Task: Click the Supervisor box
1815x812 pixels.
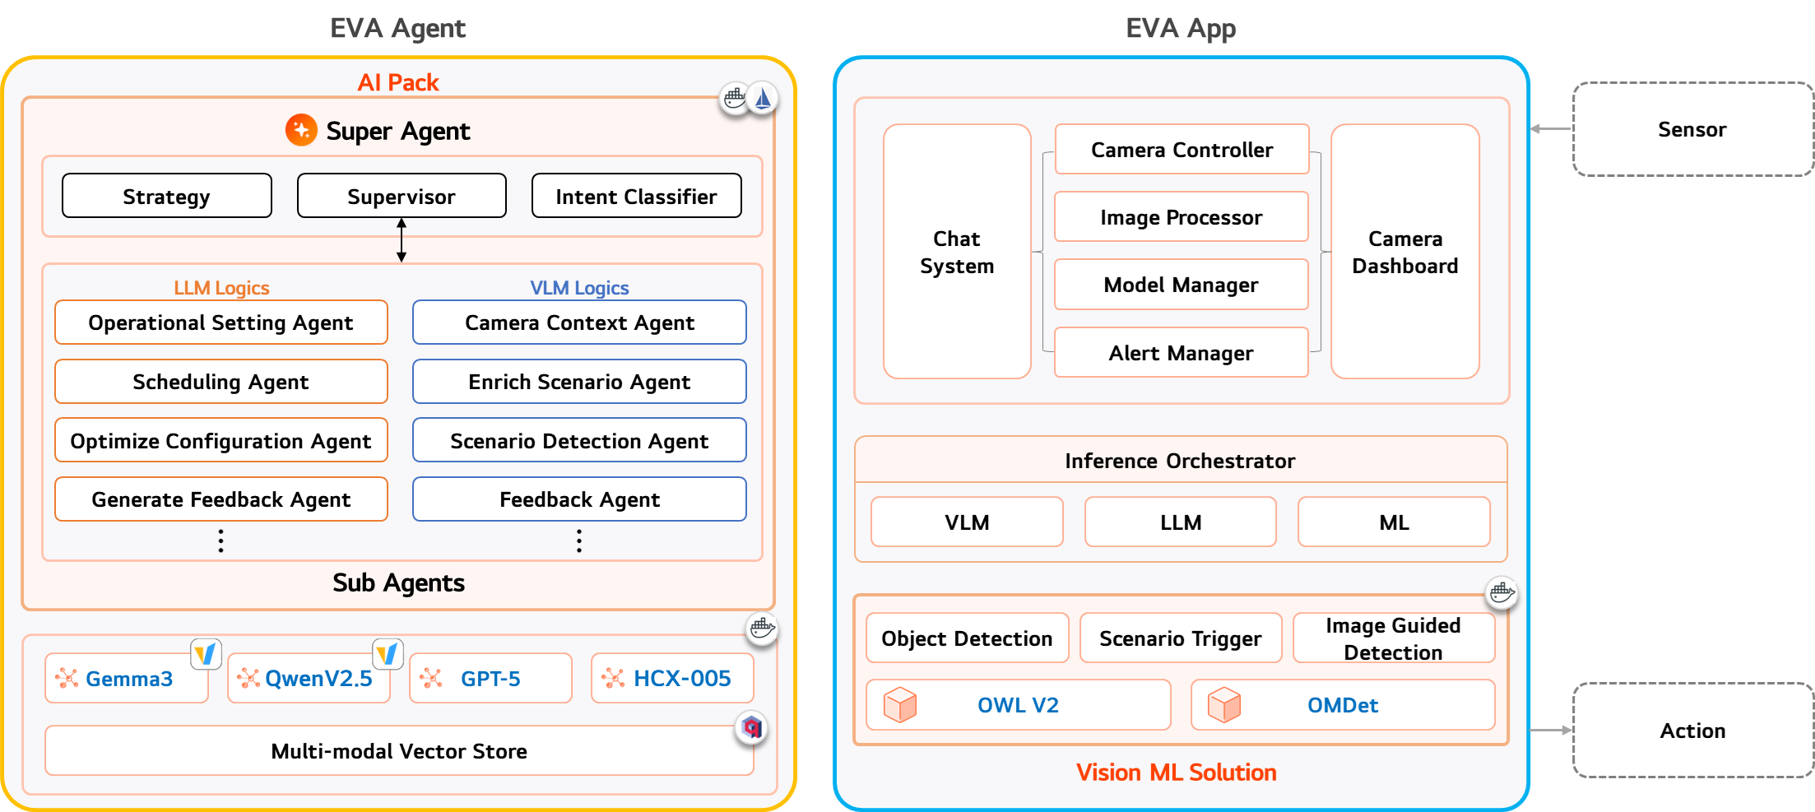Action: point(402,196)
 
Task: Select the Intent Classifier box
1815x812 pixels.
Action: point(636,196)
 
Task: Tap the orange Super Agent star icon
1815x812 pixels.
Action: point(301,130)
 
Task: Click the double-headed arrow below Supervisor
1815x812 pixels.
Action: point(402,240)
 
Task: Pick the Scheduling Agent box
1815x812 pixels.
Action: point(220,382)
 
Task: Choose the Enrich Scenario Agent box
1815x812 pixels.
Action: point(579,382)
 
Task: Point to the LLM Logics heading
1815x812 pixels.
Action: point(221,288)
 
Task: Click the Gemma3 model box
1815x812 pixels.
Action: point(127,679)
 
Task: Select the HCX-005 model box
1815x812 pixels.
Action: point(672,679)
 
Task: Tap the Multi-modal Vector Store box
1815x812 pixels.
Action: point(399,751)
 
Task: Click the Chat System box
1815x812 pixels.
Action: point(957,252)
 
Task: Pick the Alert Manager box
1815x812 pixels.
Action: point(1181,353)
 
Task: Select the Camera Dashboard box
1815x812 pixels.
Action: point(1404,252)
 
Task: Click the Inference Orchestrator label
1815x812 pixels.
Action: point(1180,461)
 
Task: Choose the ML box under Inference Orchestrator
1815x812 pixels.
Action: point(1394,522)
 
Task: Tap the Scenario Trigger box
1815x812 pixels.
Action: point(1180,638)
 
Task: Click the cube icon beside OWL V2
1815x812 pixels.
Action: point(899,705)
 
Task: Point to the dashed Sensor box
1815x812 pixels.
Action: point(1692,129)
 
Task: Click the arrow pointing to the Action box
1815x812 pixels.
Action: point(1552,731)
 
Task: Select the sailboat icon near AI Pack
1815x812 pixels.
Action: point(763,99)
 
